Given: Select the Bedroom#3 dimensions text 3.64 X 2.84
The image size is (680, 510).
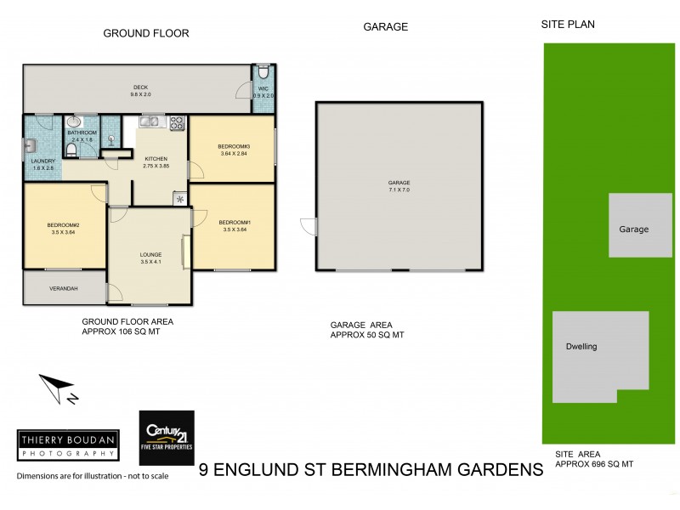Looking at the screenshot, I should tap(232, 153).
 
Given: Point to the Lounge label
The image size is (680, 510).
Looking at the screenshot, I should tap(150, 254).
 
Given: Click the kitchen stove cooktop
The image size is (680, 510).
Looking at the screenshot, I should tap(178, 122).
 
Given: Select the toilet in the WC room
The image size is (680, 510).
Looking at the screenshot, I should tap(263, 71).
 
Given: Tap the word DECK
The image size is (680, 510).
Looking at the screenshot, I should tap(140, 87).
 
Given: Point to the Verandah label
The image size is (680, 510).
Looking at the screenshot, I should tap(65, 289).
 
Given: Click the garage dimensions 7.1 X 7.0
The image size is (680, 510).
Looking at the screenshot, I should tap(399, 190).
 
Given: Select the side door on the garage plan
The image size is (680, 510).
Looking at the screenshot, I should tap(308, 227).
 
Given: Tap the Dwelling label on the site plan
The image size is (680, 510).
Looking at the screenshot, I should tap(581, 347).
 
